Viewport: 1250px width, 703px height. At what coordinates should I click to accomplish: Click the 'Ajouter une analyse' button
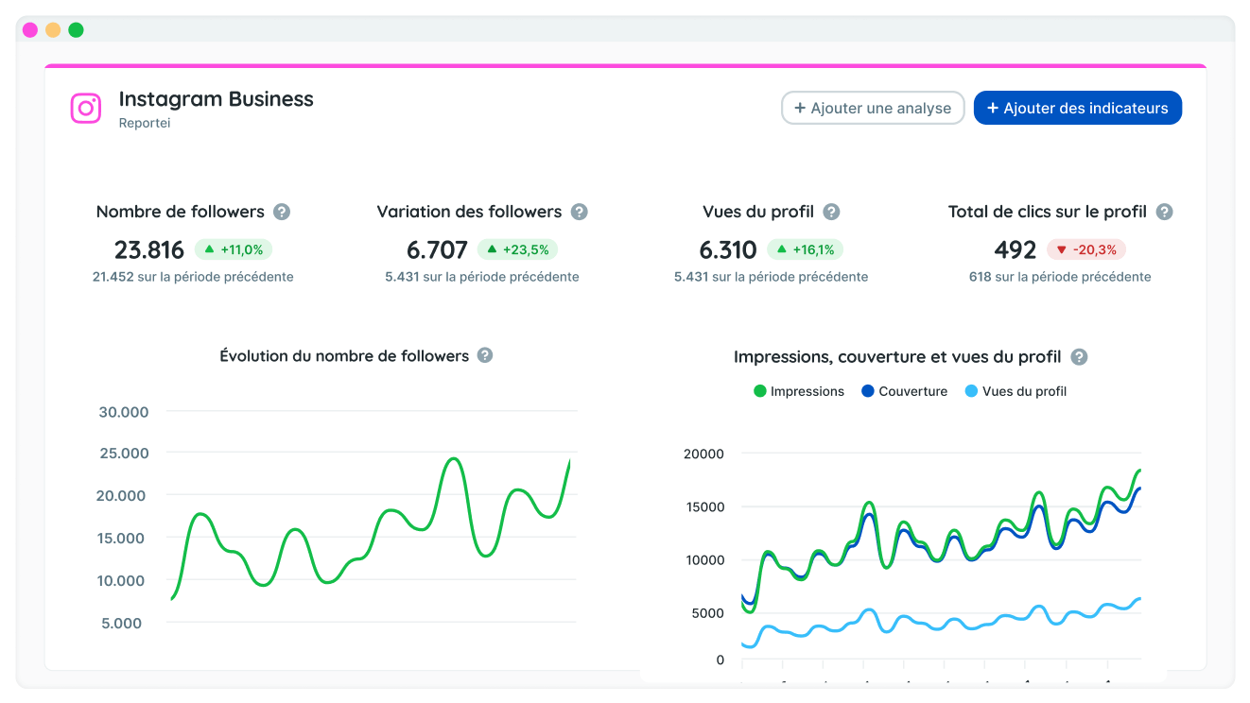tap(873, 108)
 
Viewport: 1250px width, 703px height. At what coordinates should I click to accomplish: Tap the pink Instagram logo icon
tap(86, 108)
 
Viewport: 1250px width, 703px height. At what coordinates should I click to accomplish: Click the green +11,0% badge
tap(234, 249)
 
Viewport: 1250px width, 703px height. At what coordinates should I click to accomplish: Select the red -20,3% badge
tap(1085, 249)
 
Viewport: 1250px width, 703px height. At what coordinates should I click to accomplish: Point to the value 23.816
tap(149, 249)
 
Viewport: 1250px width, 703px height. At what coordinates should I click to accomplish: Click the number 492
tap(1016, 249)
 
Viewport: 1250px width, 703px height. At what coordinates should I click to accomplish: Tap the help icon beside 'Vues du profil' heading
tap(831, 212)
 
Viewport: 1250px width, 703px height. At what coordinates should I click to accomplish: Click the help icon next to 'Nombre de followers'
tap(282, 212)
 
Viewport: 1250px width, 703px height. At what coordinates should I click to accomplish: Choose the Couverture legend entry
tap(905, 391)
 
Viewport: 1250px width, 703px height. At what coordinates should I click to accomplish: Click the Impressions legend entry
tap(799, 391)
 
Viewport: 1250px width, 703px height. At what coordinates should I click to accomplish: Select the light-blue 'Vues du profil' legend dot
tap(972, 391)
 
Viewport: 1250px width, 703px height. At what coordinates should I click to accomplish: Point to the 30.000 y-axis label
tap(123, 412)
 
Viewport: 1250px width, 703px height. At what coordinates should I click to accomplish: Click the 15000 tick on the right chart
tap(704, 506)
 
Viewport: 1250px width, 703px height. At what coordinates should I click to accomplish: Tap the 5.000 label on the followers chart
tap(121, 623)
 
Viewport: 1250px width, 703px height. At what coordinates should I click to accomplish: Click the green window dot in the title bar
tap(76, 29)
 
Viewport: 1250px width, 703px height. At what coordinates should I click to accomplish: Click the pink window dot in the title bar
tap(30, 29)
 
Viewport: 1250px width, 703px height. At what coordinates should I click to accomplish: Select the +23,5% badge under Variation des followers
tap(517, 249)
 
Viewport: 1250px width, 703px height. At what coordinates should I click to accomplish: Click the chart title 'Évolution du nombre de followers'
tap(344, 355)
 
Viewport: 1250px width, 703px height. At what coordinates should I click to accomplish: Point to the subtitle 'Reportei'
tap(145, 123)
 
